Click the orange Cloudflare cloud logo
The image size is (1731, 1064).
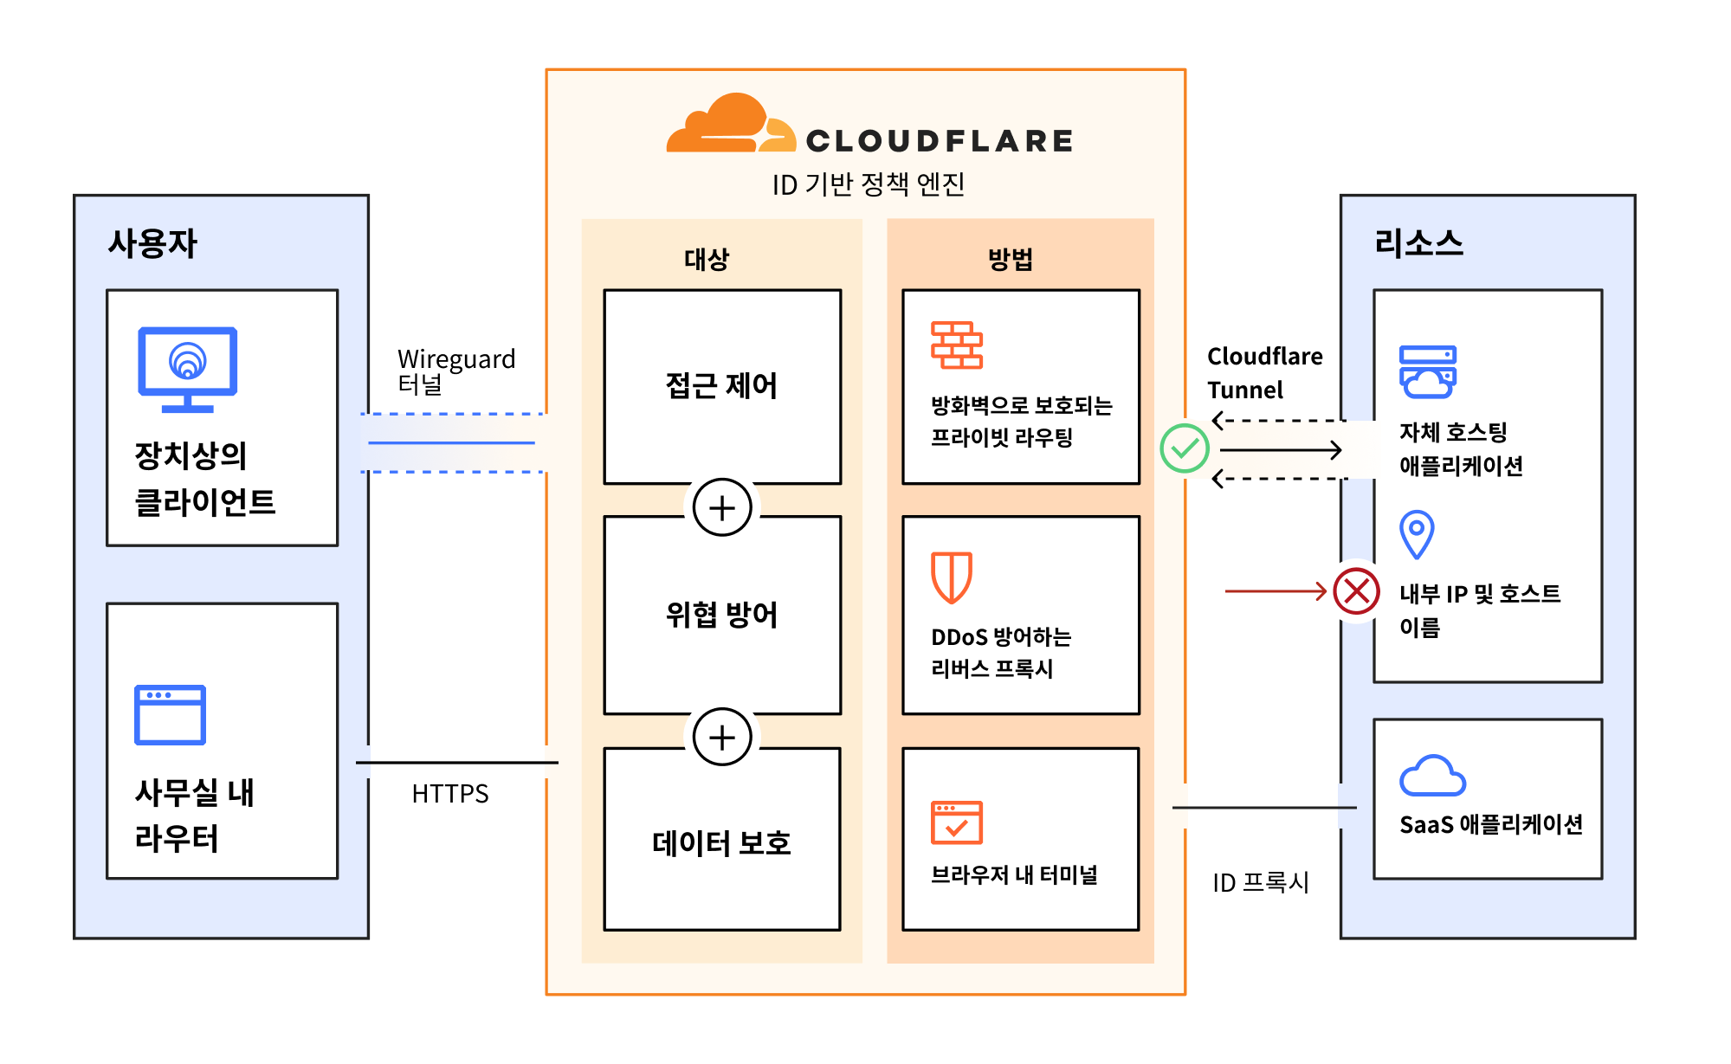730,125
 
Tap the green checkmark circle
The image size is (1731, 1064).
1184,448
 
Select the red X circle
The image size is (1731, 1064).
1356,591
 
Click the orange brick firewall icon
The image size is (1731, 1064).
956,345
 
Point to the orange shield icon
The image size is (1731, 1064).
951,577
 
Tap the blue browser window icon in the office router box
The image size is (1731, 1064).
170,714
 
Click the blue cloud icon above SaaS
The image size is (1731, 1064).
1432,776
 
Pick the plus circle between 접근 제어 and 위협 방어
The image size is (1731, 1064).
721,507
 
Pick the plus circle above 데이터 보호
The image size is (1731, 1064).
721,737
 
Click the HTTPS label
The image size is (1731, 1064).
449,794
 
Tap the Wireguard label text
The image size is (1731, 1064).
455,359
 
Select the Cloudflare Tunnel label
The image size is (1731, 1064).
1263,373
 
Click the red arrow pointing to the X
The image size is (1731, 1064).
1275,591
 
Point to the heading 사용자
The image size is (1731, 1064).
152,243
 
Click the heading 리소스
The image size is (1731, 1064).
1418,243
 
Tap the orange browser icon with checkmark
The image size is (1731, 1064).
956,822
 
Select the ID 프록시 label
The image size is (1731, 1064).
1260,883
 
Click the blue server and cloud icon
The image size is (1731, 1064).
1427,371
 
